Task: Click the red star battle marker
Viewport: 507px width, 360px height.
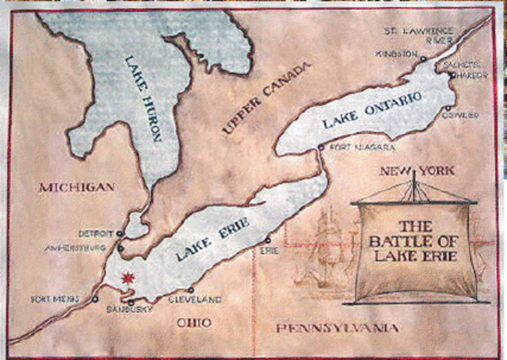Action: click(x=126, y=279)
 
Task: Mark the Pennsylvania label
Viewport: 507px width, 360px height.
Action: click(x=334, y=328)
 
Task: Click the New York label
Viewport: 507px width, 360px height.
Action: click(x=416, y=170)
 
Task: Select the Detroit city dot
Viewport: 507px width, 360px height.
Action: click(x=120, y=233)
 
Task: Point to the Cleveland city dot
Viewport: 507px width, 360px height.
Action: click(x=190, y=290)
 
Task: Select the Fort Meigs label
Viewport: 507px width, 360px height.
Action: click(x=57, y=299)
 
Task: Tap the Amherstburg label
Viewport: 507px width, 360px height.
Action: click(x=83, y=247)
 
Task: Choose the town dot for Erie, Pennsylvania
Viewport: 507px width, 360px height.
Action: click(x=268, y=239)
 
